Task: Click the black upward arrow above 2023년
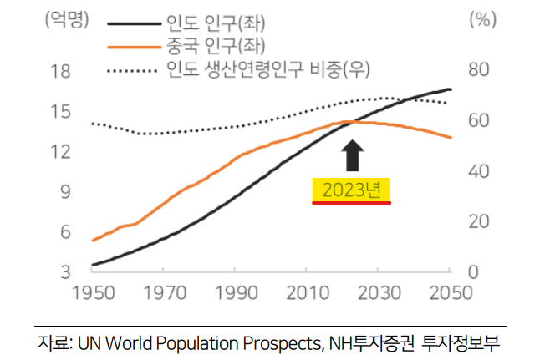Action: point(354,156)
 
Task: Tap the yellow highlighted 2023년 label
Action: point(352,190)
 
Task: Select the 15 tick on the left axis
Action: point(59,112)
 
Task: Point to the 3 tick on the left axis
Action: point(64,272)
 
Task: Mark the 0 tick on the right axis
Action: point(472,272)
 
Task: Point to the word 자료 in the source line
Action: point(53,342)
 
